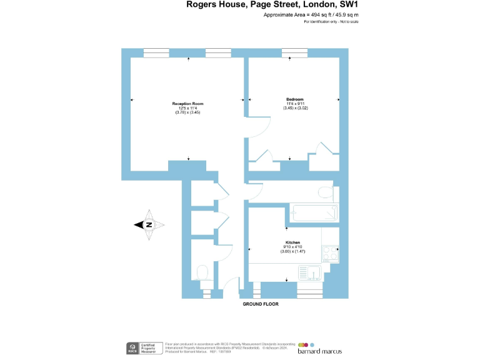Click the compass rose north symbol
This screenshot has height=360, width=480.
[x=149, y=226]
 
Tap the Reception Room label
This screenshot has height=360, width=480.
[x=188, y=104]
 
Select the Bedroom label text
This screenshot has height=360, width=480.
[x=295, y=100]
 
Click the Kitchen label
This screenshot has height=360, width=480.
[x=292, y=242]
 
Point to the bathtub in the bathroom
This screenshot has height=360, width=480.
[x=312, y=212]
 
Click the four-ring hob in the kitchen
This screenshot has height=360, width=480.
[x=329, y=254]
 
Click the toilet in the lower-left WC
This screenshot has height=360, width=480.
[x=202, y=272]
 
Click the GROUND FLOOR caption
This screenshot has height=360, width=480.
[x=261, y=304]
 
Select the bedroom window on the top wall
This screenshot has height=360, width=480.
[x=294, y=52]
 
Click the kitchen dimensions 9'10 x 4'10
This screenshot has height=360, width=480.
[x=292, y=247]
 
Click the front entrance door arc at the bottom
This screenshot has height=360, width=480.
[x=231, y=285]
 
